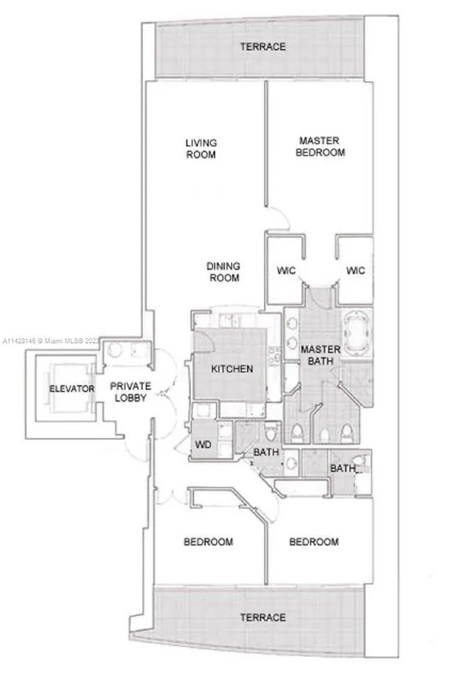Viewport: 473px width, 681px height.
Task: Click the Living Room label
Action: [201, 148]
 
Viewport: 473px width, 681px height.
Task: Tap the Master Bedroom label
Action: [320, 146]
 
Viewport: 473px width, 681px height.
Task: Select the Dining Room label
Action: [224, 272]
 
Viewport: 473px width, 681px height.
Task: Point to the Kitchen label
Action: [232, 369]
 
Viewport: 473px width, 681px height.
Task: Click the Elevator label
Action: [72, 389]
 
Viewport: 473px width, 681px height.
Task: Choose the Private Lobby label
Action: [131, 392]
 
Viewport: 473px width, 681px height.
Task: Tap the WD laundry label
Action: [203, 444]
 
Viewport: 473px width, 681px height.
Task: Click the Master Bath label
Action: [320, 355]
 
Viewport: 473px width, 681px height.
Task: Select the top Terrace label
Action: [263, 47]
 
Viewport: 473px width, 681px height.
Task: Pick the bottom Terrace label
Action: [263, 617]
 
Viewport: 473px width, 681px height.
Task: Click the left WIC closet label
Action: [286, 270]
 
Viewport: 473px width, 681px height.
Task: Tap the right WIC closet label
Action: [355, 270]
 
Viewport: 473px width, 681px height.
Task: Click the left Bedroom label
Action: [208, 541]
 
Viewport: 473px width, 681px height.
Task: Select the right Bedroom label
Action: [314, 541]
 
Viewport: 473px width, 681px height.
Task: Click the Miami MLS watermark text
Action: [51, 341]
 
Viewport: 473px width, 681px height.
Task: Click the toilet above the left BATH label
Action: [271, 432]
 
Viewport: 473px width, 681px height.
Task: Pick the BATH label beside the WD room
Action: [266, 452]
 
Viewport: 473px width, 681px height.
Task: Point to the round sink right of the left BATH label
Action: [291, 463]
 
